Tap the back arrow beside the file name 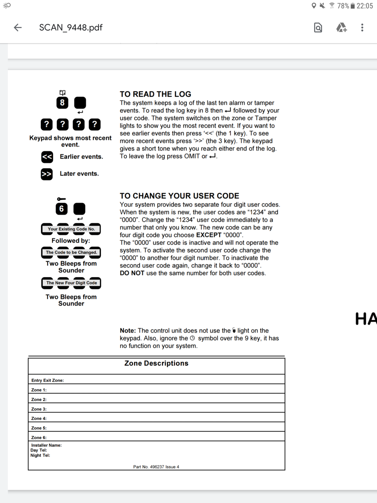(x=18, y=28)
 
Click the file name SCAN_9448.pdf (x=71, y=28)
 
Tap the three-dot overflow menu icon (x=362, y=28)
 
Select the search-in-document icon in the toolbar (x=318, y=28)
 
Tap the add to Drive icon (x=341, y=28)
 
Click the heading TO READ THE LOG (x=155, y=94)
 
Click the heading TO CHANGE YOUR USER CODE (x=179, y=196)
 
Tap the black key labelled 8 (x=62, y=103)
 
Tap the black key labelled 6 (x=62, y=209)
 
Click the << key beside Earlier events (x=47, y=157)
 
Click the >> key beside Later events (x=47, y=174)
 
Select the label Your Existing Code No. (x=71, y=229)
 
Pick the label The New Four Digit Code (x=71, y=283)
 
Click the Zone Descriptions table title (x=156, y=363)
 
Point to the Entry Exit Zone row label (x=47, y=380)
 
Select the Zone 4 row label (x=39, y=418)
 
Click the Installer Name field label (x=46, y=445)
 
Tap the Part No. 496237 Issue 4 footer (x=156, y=467)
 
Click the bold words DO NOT (x=132, y=273)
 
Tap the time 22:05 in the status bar (x=364, y=6)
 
